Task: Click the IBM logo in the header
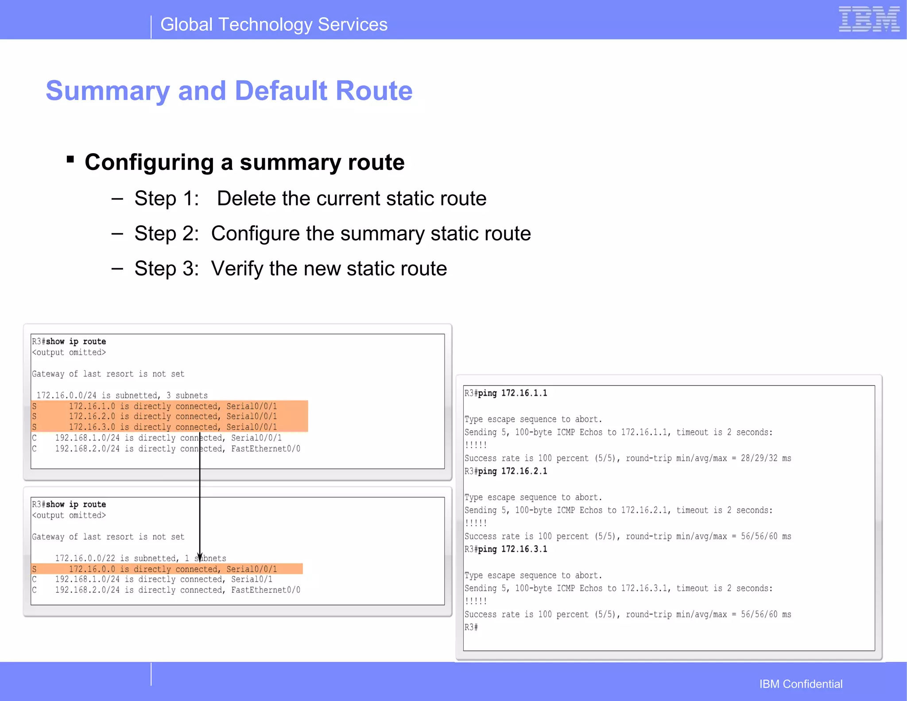[x=868, y=19]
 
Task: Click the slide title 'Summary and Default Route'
[x=229, y=91]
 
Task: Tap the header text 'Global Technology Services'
[x=274, y=24]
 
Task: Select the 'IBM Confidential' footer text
[x=801, y=684]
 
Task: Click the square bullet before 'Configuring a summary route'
[x=70, y=159]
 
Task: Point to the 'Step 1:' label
[x=167, y=198]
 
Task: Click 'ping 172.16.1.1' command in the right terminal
[x=512, y=393]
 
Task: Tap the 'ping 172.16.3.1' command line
[x=512, y=549]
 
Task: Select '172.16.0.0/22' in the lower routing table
[x=85, y=558]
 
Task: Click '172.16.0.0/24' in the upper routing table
[x=66, y=396]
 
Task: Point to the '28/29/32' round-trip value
[x=759, y=458]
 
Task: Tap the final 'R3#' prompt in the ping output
[x=471, y=627]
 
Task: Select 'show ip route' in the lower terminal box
[x=76, y=505]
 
